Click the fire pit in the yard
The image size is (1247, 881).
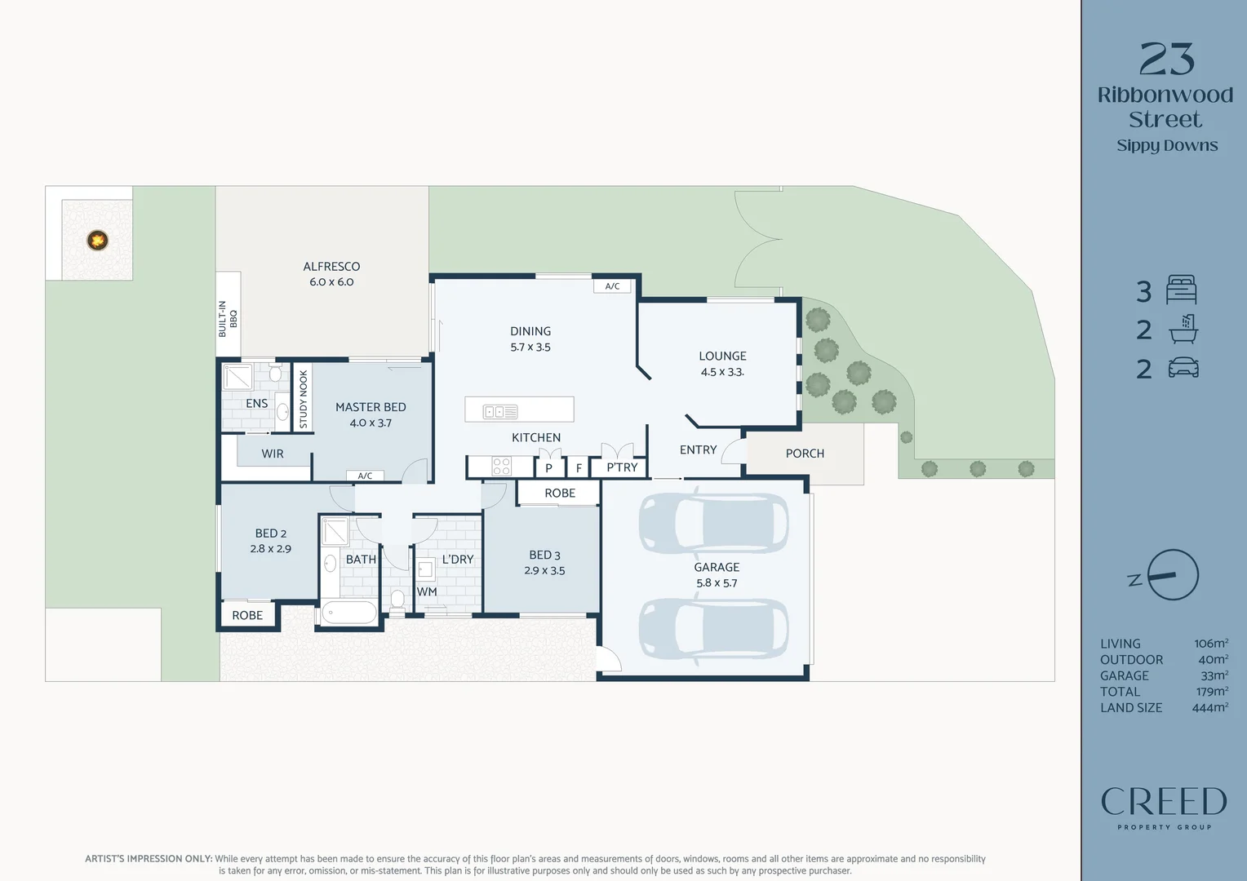[x=97, y=241]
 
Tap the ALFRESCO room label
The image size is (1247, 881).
[x=331, y=267]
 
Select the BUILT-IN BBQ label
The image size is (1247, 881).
[x=228, y=319]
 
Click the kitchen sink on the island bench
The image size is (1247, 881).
[x=500, y=412]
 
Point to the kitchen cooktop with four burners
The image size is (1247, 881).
[x=502, y=467]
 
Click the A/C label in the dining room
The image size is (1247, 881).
[x=612, y=286]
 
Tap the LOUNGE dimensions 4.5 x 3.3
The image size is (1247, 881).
[x=722, y=372]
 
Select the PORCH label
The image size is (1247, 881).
[x=805, y=454]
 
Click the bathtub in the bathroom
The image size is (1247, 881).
[x=349, y=613]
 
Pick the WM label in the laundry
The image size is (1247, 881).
[x=427, y=591]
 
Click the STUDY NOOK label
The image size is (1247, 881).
[x=304, y=399]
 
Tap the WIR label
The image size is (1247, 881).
[x=273, y=454]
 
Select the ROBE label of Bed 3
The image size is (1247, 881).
[x=560, y=493]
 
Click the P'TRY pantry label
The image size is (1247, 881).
[x=622, y=467]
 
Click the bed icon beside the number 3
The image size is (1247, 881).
[x=1182, y=290]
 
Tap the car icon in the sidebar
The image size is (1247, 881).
[x=1183, y=368]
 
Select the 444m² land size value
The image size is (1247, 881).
[x=1210, y=707]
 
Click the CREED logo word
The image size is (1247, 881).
[x=1164, y=801]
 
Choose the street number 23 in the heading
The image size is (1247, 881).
[x=1167, y=59]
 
